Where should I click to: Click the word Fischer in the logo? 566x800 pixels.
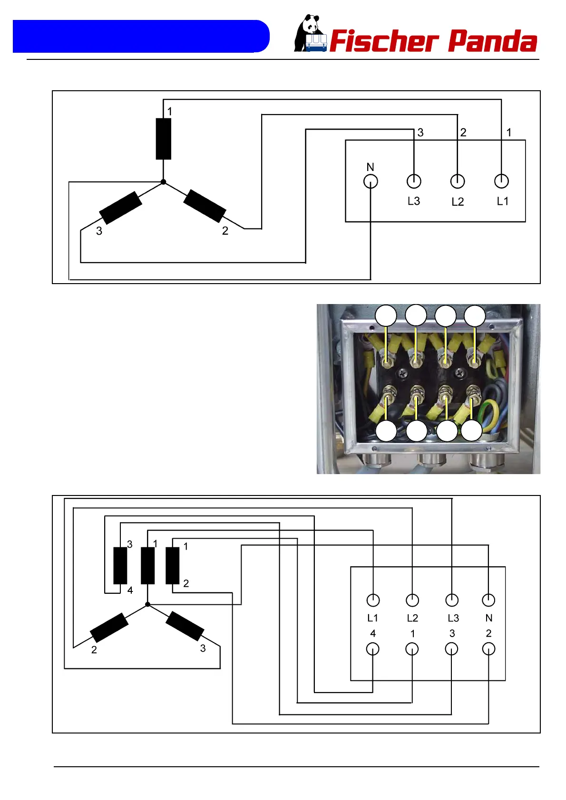[383, 41]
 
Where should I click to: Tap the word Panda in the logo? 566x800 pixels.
[493, 41]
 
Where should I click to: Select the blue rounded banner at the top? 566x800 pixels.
[141, 36]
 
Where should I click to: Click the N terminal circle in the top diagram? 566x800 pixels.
[371, 181]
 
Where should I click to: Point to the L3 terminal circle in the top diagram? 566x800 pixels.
[414, 181]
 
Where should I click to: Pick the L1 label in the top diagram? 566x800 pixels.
[502, 201]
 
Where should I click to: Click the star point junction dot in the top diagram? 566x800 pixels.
[163, 182]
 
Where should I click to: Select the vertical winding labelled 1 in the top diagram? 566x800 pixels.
[164, 139]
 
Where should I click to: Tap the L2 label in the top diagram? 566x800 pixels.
[458, 202]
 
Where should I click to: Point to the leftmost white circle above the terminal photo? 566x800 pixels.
[386, 316]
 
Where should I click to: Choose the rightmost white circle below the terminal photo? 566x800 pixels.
[471, 431]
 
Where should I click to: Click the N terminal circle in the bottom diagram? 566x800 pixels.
[488, 600]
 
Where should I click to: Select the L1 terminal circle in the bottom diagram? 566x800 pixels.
[373, 600]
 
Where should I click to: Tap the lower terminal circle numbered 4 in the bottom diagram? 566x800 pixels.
[373, 649]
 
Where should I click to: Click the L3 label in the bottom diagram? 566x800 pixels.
[453, 618]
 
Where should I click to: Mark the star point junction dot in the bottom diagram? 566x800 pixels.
[147, 604]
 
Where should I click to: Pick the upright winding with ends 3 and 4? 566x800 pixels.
[120, 565]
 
